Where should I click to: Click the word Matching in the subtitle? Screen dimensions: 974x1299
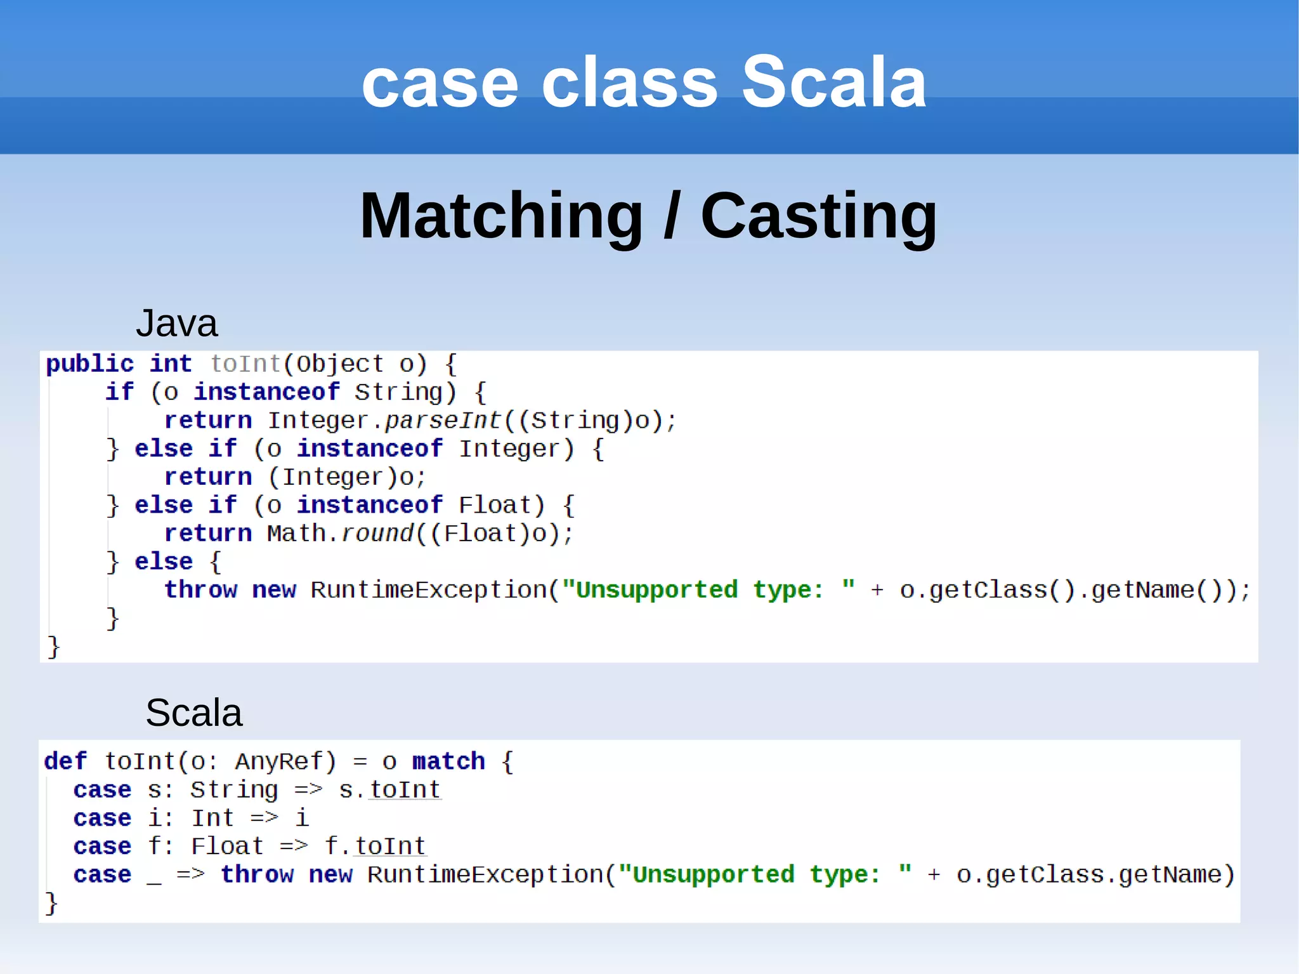[x=502, y=216]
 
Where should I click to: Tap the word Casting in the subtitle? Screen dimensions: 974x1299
[x=818, y=216]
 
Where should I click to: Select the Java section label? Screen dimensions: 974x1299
[x=176, y=324]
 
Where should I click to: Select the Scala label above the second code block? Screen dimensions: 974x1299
[x=193, y=713]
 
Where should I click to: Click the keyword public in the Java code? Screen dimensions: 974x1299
[x=89, y=364]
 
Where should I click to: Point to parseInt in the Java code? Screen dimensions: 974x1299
[x=443, y=421]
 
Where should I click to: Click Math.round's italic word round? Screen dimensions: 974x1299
[x=377, y=534]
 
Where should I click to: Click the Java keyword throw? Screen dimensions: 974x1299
[x=200, y=590]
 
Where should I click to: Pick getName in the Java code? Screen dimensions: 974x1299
[x=1142, y=590]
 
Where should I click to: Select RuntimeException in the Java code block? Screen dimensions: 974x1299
[x=429, y=590]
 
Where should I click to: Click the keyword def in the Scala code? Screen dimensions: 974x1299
[x=65, y=761]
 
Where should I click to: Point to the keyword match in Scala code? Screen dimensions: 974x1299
[x=448, y=761]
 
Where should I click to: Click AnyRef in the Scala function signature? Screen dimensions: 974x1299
[x=285, y=761]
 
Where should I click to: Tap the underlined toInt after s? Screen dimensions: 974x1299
[x=405, y=790]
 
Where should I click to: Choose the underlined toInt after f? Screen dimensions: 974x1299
[x=389, y=846]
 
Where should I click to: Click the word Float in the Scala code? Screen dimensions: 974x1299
[x=227, y=846]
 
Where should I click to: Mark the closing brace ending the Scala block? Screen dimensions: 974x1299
[x=51, y=903]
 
